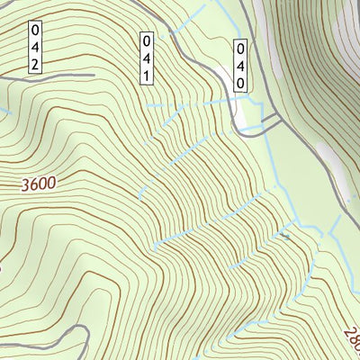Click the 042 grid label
coord(34,47)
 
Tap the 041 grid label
coord(145,58)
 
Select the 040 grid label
coord(240,66)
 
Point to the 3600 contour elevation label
coord(37,184)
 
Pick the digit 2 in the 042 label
coord(34,64)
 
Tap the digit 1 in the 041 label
coord(145,76)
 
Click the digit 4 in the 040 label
coord(240,66)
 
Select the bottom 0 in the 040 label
coord(240,82)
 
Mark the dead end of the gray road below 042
coord(94,75)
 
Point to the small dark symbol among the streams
coord(284,236)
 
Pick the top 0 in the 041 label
coord(145,40)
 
